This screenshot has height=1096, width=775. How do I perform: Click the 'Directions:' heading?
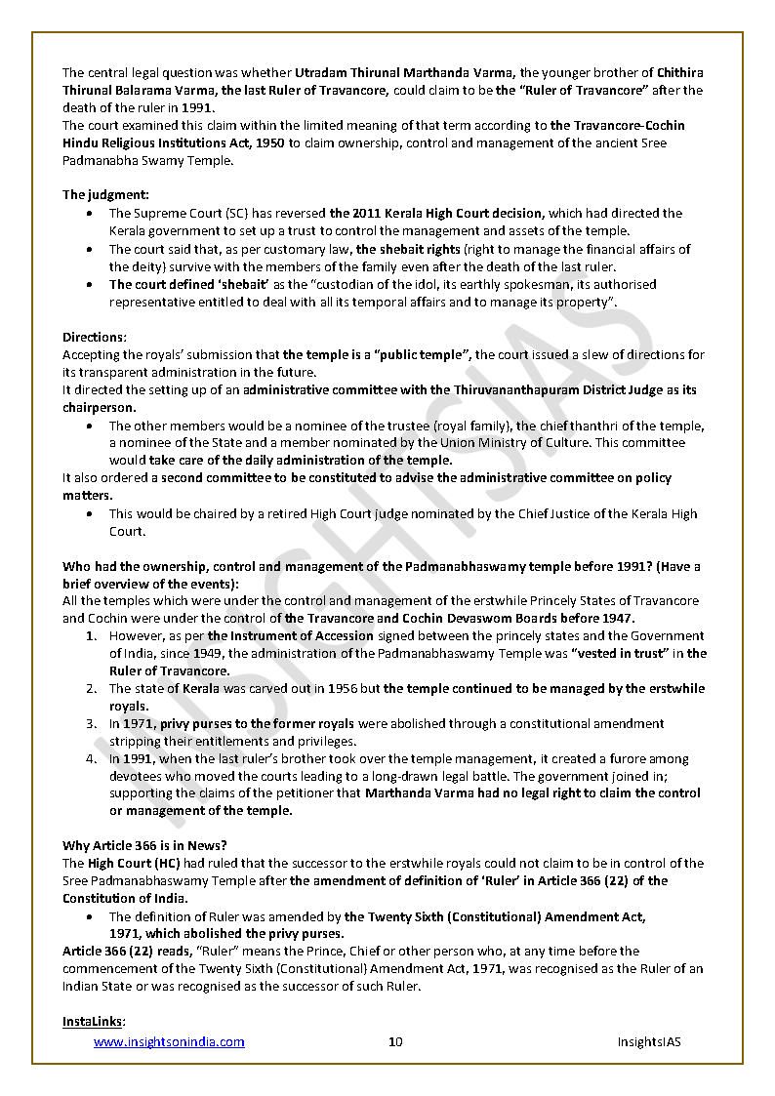tap(94, 337)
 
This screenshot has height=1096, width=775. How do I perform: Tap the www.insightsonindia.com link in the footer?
tap(169, 1041)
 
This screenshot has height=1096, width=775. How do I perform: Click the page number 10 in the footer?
tap(395, 1041)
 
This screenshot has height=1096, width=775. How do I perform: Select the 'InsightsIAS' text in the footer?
tap(649, 1041)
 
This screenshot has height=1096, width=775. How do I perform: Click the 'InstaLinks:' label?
tap(94, 1021)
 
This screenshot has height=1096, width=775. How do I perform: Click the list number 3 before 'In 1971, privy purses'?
tap(90, 723)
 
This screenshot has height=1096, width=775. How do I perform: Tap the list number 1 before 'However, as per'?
tap(90, 635)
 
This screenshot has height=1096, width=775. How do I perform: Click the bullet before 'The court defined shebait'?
tap(91, 284)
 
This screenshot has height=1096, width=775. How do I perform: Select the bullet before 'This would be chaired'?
tap(91, 513)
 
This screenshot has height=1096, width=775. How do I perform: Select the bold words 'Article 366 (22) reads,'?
tap(122, 951)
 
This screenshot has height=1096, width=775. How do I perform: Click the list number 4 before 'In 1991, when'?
tap(90, 758)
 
